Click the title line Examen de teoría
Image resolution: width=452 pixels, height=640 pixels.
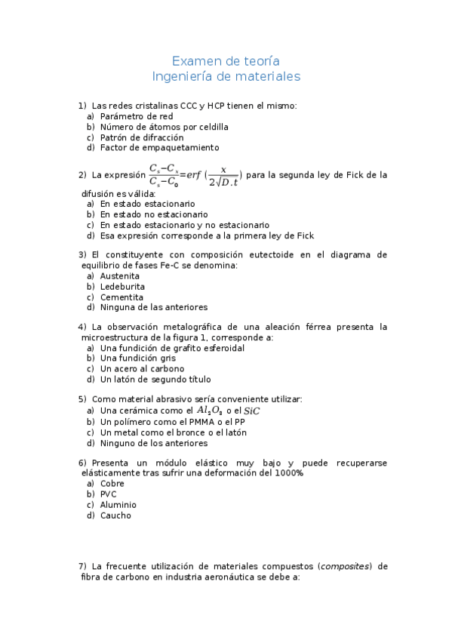(226, 61)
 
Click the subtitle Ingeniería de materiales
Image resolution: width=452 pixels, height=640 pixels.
(226, 76)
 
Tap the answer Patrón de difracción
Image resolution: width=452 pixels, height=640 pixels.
(141, 137)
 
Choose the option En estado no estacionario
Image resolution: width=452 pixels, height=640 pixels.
(153, 214)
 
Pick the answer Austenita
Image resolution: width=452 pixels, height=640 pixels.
(120, 276)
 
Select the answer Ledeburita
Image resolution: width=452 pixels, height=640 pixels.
(122, 287)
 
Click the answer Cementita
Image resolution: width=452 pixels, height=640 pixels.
(121, 297)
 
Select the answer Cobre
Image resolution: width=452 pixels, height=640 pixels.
(112, 484)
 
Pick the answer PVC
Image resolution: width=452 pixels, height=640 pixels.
(109, 494)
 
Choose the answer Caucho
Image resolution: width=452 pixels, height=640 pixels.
(115, 515)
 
